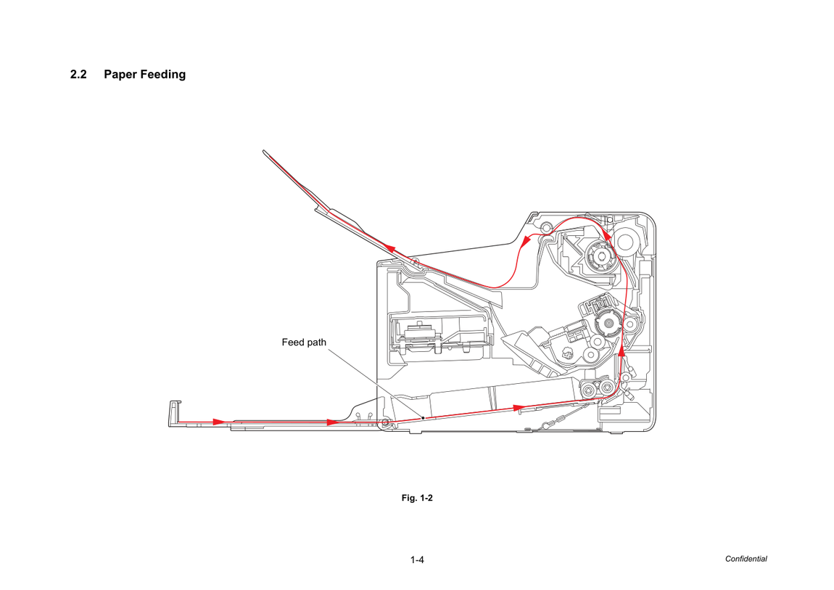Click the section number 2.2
(78, 75)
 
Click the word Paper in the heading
(120, 75)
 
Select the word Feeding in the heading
(162, 75)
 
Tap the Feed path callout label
(304, 343)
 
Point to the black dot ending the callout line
(423, 417)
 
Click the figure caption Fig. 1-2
(417, 498)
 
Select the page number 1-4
(417, 560)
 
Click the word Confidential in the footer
(746, 559)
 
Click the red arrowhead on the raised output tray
(390, 248)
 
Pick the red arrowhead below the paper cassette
(519, 408)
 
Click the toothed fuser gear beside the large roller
(601, 256)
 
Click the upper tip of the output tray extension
(265, 152)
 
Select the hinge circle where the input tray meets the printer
(384, 423)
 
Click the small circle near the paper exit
(545, 229)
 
